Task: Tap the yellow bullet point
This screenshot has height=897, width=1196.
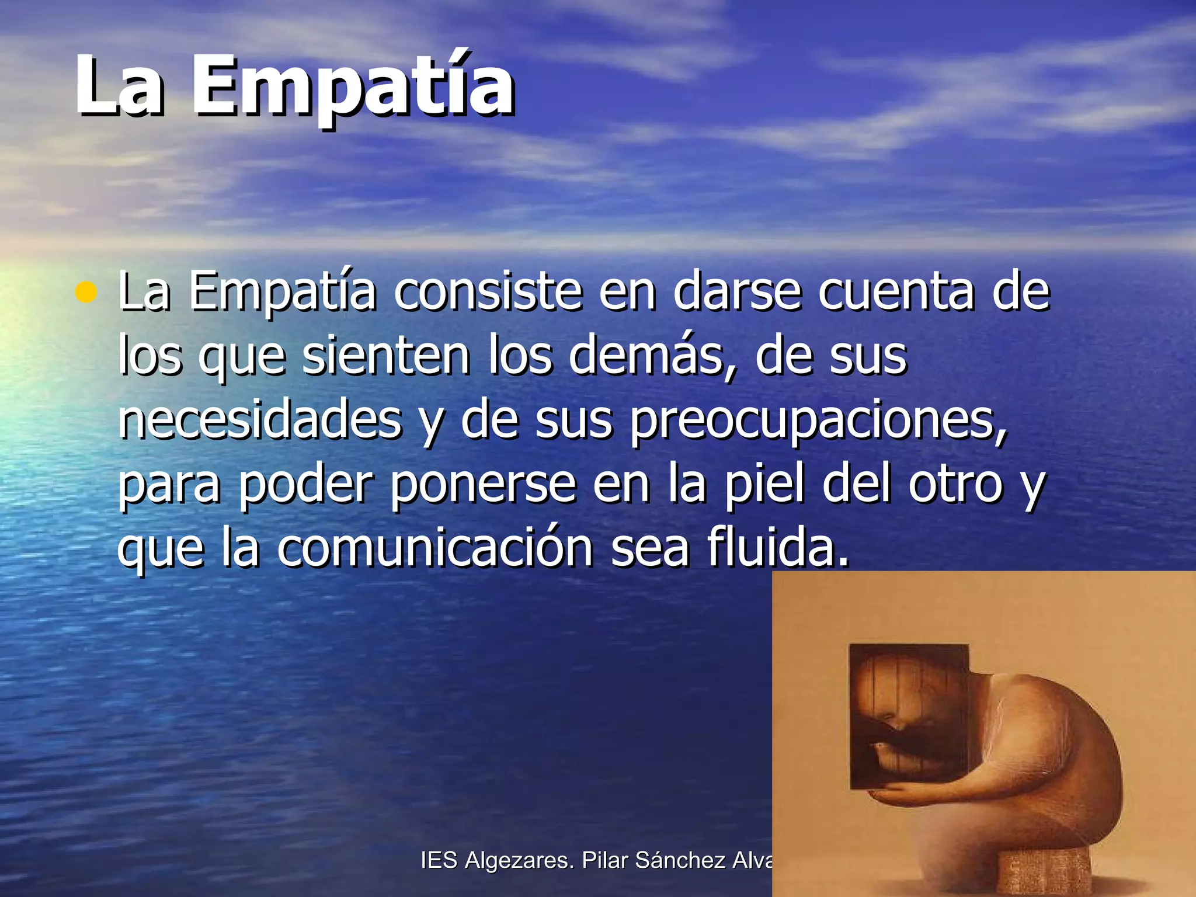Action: [x=86, y=292]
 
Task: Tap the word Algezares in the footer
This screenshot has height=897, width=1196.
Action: [x=519, y=860]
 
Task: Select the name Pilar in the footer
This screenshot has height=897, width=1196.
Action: [x=605, y=860]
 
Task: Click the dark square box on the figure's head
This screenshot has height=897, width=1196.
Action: [x=908, y=715]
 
